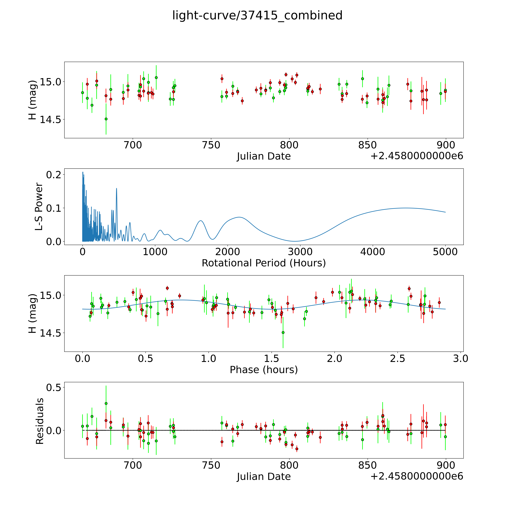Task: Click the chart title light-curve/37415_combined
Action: pyautogui.click(x=257, y=15)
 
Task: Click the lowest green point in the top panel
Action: pyautogui.click(x=106, y=119)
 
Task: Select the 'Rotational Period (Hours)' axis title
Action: pyautogui.click(x=264, y=263)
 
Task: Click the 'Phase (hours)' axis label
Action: pyautogui.click(x=264, y=370)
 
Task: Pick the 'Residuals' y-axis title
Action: pyautogui.click(x=39, y=421)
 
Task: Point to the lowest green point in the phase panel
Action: pyautogui.click(x=283, y=332)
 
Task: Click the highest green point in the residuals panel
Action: pyautogui.click(x=106, y=403)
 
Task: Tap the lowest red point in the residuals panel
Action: pyautogui.click(x=297, y=449)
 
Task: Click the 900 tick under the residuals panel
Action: pyautogui.click(x=446, y=465)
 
